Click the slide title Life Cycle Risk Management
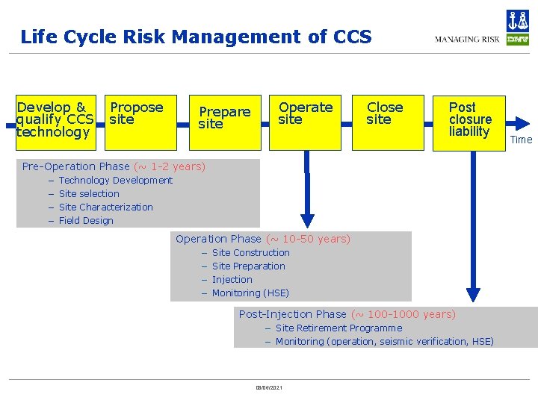195,37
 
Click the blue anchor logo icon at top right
517,20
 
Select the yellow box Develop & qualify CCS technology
56,120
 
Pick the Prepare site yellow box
223,120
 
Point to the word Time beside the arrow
521,140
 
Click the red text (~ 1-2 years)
169,166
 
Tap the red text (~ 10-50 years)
308,239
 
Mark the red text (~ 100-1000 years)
403,314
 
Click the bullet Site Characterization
105,207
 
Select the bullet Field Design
86,220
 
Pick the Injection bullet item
232,279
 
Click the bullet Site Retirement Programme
338,328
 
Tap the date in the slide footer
268,388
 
